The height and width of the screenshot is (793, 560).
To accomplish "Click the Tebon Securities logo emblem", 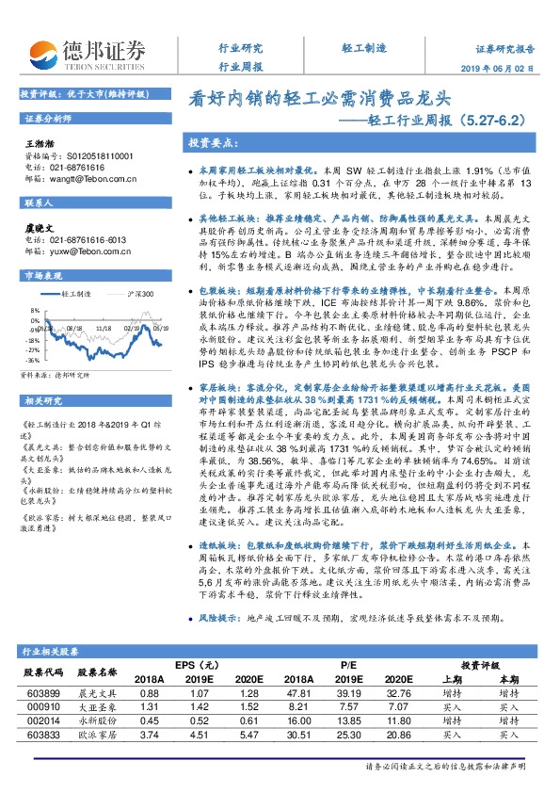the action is (x=42, y=54).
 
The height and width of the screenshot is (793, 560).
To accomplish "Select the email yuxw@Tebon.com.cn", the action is (x=79, y=251).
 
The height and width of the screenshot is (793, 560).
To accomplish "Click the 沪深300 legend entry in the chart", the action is (x=140, y=294).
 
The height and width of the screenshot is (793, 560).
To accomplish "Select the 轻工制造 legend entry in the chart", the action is (x=80, y=294).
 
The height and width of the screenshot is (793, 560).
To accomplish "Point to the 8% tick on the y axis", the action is (x=34, y=308).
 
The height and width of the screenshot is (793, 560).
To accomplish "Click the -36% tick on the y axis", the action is (x=32, y=360).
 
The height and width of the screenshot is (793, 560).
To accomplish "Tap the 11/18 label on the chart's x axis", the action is (x=103, y=331).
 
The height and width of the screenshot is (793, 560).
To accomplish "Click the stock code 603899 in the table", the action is (x=46, y=692).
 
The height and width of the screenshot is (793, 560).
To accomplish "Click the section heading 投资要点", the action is (x=211, y=142).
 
